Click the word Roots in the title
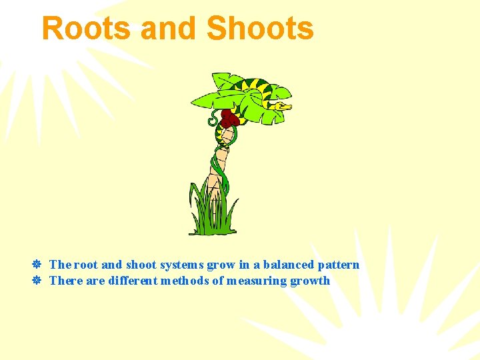tap(85, 29)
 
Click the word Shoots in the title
tap(260, 29)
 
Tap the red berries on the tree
tap(229, 119)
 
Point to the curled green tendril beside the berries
tap(213, 120)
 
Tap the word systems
tap(181, 265)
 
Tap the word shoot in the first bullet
tap(141, 265)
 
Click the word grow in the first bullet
tap(221, 265)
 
